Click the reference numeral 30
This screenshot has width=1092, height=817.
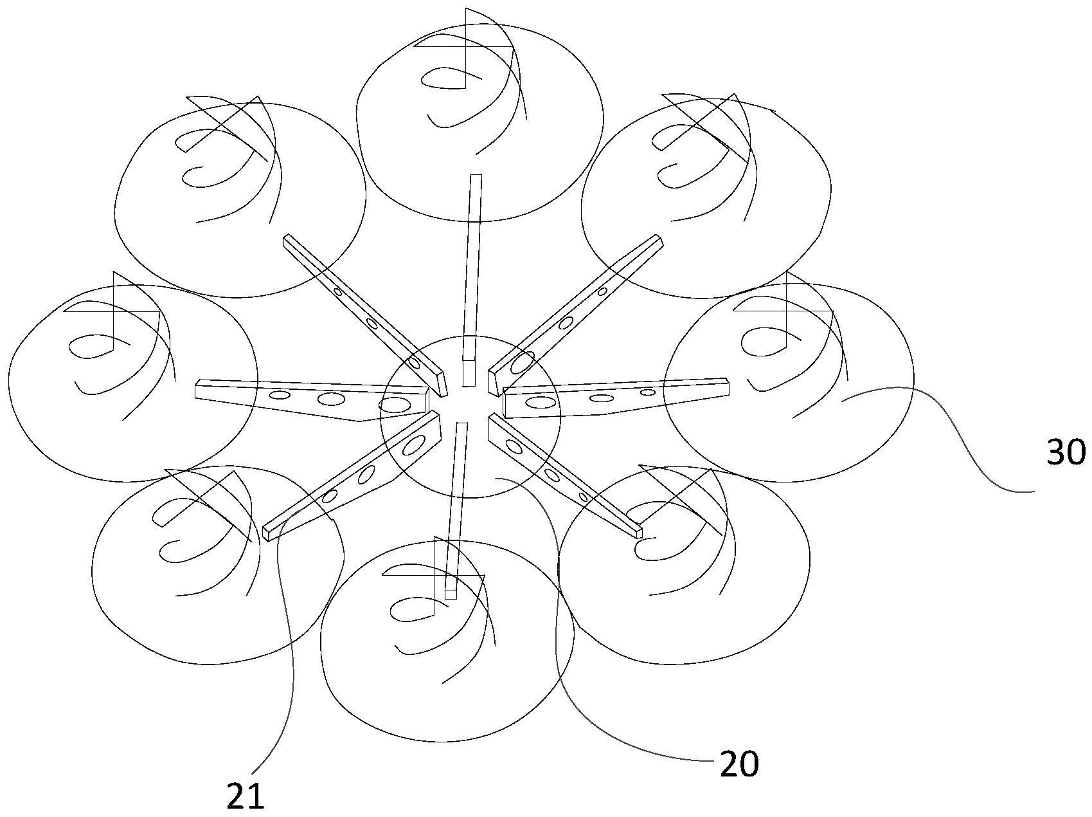tap(1066, 452)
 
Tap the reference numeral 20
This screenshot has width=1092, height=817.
tap(739, 764)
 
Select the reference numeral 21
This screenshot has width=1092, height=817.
tap(246, 797)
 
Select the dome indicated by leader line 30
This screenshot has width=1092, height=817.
tap(788, 383)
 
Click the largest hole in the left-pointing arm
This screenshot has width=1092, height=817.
tap(394, 405)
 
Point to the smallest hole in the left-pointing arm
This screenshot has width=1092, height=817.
tap(280, 395)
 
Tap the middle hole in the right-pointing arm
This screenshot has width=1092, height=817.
tap(601, 398)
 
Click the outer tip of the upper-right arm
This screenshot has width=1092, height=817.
tap(658, 240)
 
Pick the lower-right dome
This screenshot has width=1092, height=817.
tap(685, 565)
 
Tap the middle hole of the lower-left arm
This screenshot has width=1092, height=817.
tap(367, 475)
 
